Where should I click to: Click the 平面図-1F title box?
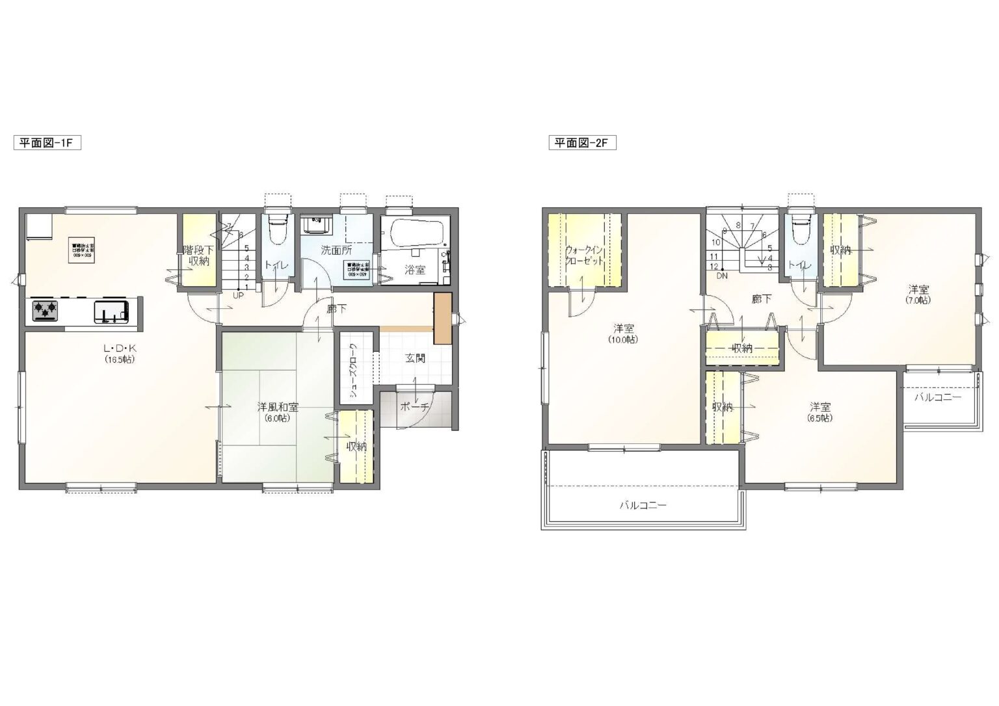pyautogui.click(x=47, y=143)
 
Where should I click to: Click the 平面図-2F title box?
pyautogui.click(x=581, y=143)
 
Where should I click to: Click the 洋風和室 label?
pyautogui.click(x=278, y=408)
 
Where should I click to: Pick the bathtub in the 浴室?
pyautogui.click(x=414, y=231)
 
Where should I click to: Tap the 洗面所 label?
pyautogui.click(x=336, y=249)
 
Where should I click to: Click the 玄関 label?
pyautogui.click(x=416, y=358)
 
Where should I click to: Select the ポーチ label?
pyautogui.click(x=414, y=407)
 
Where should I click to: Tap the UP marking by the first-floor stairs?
pyautogui.click(x=238, y=294)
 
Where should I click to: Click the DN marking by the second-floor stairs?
pyautogui.click(x=722, y=276)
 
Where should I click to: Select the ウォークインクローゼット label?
pyautogui.click(x=585, y=254)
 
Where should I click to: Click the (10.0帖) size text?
pyautogui.click(x=623, y=339)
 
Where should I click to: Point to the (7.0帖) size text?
pyautogui.click(x=918, y=300)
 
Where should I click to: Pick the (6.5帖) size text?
pyautogui.click(x=820, y=418)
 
